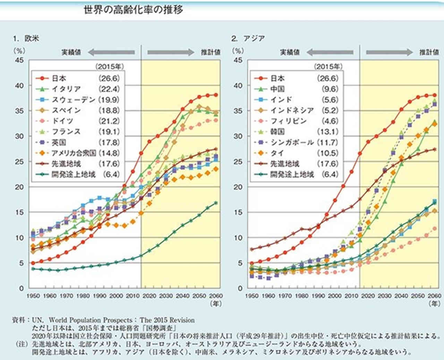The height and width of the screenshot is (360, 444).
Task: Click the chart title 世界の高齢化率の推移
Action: (134, 9)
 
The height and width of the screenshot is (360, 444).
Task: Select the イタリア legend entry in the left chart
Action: (66, 89)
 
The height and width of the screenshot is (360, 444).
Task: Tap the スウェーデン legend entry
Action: (73, 100)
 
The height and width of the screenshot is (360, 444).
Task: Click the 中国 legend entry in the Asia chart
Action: (277, 89)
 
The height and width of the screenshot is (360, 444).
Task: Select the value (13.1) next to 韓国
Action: (327, 132)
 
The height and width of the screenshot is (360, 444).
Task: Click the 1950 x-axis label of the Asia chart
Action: (252, 296)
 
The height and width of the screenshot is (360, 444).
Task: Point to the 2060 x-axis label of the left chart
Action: (216, 296)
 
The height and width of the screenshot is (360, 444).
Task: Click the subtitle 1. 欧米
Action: (26, 38)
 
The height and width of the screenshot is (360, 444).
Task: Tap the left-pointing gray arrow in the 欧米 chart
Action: (111, 52)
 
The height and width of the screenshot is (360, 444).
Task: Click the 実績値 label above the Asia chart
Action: (290, 52)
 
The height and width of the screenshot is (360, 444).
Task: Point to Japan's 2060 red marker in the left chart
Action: (216, 95)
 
